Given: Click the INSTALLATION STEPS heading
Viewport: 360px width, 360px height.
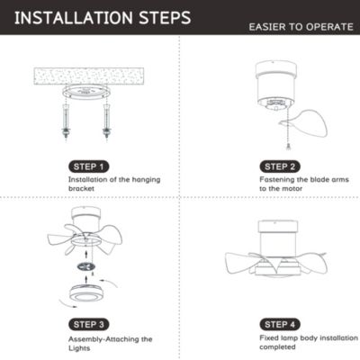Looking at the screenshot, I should pos(101,17).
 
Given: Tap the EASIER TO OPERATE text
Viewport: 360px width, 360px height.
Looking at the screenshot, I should pos(301,27).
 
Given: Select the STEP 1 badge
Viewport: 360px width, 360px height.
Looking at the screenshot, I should pos(91,166).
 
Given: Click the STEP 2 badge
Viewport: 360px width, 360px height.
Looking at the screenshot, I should pos(280,166).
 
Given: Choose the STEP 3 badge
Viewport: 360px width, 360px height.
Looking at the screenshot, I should pos(90,323).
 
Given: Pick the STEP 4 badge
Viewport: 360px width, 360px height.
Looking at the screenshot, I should pos(280,323).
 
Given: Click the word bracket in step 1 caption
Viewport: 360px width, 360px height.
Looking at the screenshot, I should pos(84,189).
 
